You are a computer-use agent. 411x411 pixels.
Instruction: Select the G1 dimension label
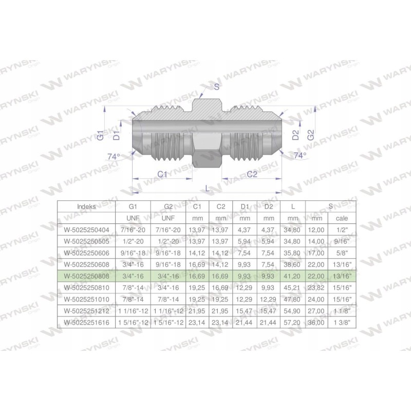coord(102,136)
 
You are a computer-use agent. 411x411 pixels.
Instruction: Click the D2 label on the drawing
coord(295,136)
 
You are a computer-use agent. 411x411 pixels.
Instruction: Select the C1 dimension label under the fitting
coord(162,174)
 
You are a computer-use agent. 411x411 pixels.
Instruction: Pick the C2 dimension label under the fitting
coord(252,174)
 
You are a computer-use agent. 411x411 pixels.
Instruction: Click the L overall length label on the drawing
coord(207,189)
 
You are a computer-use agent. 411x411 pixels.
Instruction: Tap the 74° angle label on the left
coord(114,157)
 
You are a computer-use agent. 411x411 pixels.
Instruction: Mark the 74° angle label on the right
coord(300,155)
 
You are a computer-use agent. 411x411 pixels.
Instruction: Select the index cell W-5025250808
coord(86,276)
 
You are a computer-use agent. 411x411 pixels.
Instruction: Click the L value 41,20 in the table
coord(293,276)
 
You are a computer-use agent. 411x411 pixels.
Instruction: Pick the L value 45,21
coord(293,288)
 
